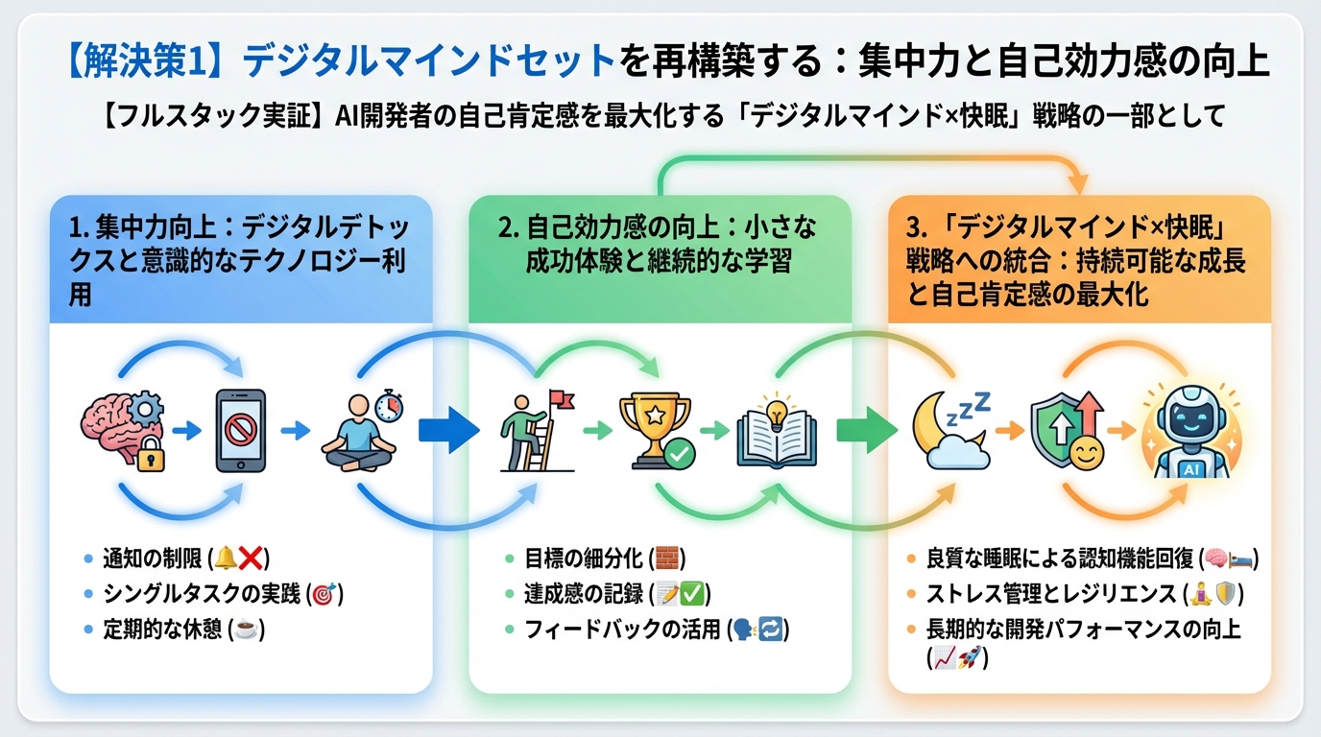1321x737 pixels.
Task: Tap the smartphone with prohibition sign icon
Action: pos(239,431)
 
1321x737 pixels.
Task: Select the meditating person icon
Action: pos(360,431)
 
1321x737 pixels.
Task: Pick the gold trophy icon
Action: pos(654,429)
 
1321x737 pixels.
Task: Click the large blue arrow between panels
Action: pos(448,431)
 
